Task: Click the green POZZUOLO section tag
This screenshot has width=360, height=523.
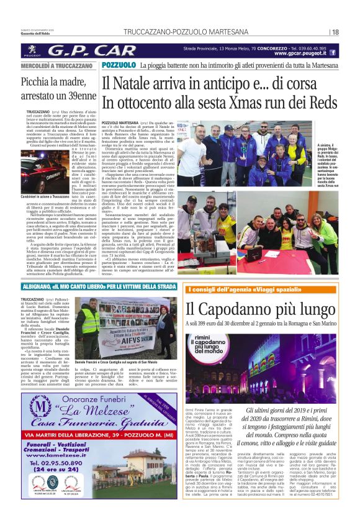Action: coord(119,65)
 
